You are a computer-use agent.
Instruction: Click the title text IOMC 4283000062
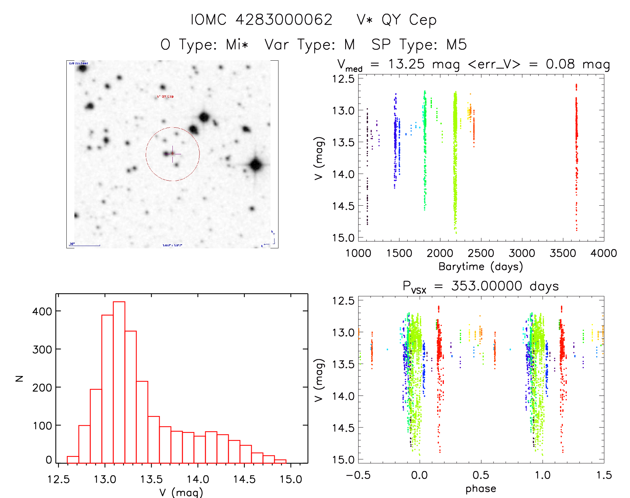pyautogui.click(x=261, y=20)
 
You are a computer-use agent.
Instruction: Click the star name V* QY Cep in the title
pyautogui.click(x=397, y=20)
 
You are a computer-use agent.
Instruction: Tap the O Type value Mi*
pyautogui.click(x=237, y=45)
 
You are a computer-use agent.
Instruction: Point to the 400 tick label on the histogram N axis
pyautogui.click(x=42, y=311)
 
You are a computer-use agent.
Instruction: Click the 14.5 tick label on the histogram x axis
pyautogui.click(x=244, y=479)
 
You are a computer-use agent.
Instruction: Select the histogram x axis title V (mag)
pyautogui.click(x=181, y=492)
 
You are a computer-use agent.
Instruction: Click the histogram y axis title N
pyautogui.click(x=20, y=378)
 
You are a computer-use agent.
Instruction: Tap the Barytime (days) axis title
pyautogui.click(x=481, y=267)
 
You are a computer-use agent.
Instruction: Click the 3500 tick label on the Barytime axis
pyautogui.click(x=563, y=253)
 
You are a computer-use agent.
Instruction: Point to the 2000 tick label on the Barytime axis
pyautogui.click(x=440, y=253)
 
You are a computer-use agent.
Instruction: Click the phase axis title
pyautogui.click(x=481, y=489)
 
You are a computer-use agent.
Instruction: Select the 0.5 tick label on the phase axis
pyautogui.click(x=481, y=475)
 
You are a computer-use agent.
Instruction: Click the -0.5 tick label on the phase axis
pyautogui.click(x=358, y=475)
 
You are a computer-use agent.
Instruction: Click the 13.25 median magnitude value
pyautogui.click(x=406, y=64)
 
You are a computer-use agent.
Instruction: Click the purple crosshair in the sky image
pyautogui.click(x=173, y=154)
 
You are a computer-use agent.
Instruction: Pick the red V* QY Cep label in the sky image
pyautogui.click(x=165, y=97)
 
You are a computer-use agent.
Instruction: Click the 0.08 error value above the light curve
pyautogui.click(x=560, y=64)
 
